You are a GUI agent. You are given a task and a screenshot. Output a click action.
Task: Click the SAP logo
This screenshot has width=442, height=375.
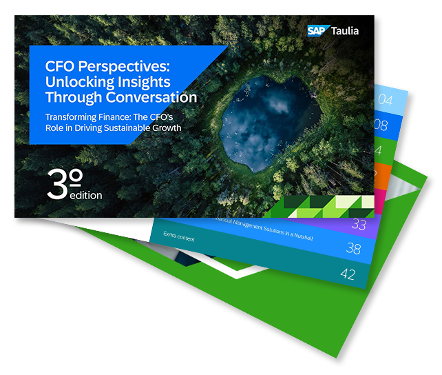point(319,30)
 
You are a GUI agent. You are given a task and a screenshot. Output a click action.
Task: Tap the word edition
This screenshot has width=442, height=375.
point(86,195)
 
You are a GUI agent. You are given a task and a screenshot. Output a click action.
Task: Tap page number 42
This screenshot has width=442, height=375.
point(349,274)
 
